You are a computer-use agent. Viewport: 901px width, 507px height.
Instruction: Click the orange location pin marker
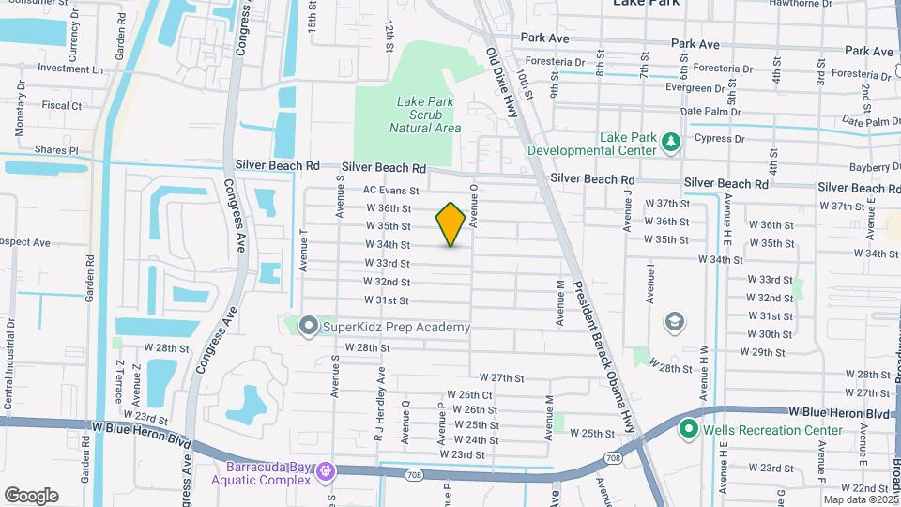(450, 223)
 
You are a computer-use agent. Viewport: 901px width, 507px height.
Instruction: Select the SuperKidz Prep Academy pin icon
(309, 327)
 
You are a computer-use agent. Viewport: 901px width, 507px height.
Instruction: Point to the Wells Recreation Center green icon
(688, 430)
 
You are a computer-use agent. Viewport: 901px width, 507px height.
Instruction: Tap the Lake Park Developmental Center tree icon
(670, 142)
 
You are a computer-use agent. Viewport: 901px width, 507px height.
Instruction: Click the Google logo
(31, 496)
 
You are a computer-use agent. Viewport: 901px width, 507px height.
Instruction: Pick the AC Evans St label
(390, 189)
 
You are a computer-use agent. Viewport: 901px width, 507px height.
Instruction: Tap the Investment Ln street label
(70, 69)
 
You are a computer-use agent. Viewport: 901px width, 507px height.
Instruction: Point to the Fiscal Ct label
(63, 106)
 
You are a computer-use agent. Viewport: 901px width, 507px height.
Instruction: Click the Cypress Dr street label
(719, 138)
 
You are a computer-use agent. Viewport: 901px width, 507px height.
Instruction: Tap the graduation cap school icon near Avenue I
(674, 323)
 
